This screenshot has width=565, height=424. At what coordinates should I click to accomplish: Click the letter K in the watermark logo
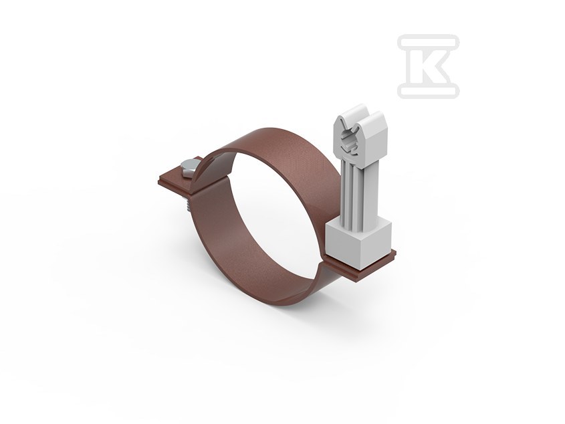(x=428, y=66)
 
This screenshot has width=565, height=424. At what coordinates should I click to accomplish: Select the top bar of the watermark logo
(x=429, y=41)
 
